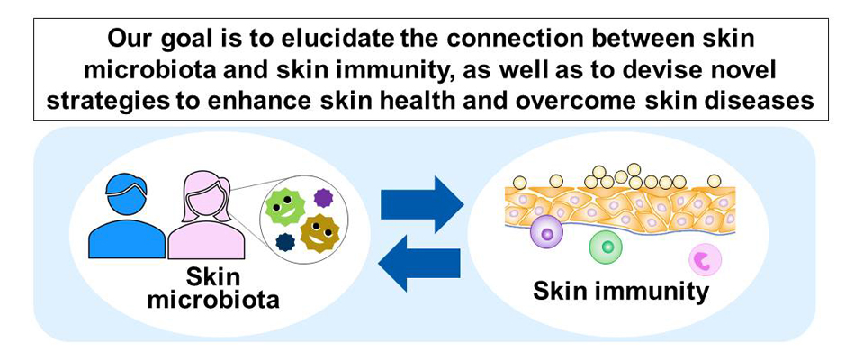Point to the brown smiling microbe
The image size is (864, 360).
coord(318,234)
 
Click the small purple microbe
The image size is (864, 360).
coord(323,197)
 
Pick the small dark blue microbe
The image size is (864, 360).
coord(285,242)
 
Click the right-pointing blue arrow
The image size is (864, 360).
coord(422,204)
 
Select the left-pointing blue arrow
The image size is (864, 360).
coord(419,263)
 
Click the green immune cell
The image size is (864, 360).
coord(607,247)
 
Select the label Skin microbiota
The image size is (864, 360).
coord(212,290)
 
